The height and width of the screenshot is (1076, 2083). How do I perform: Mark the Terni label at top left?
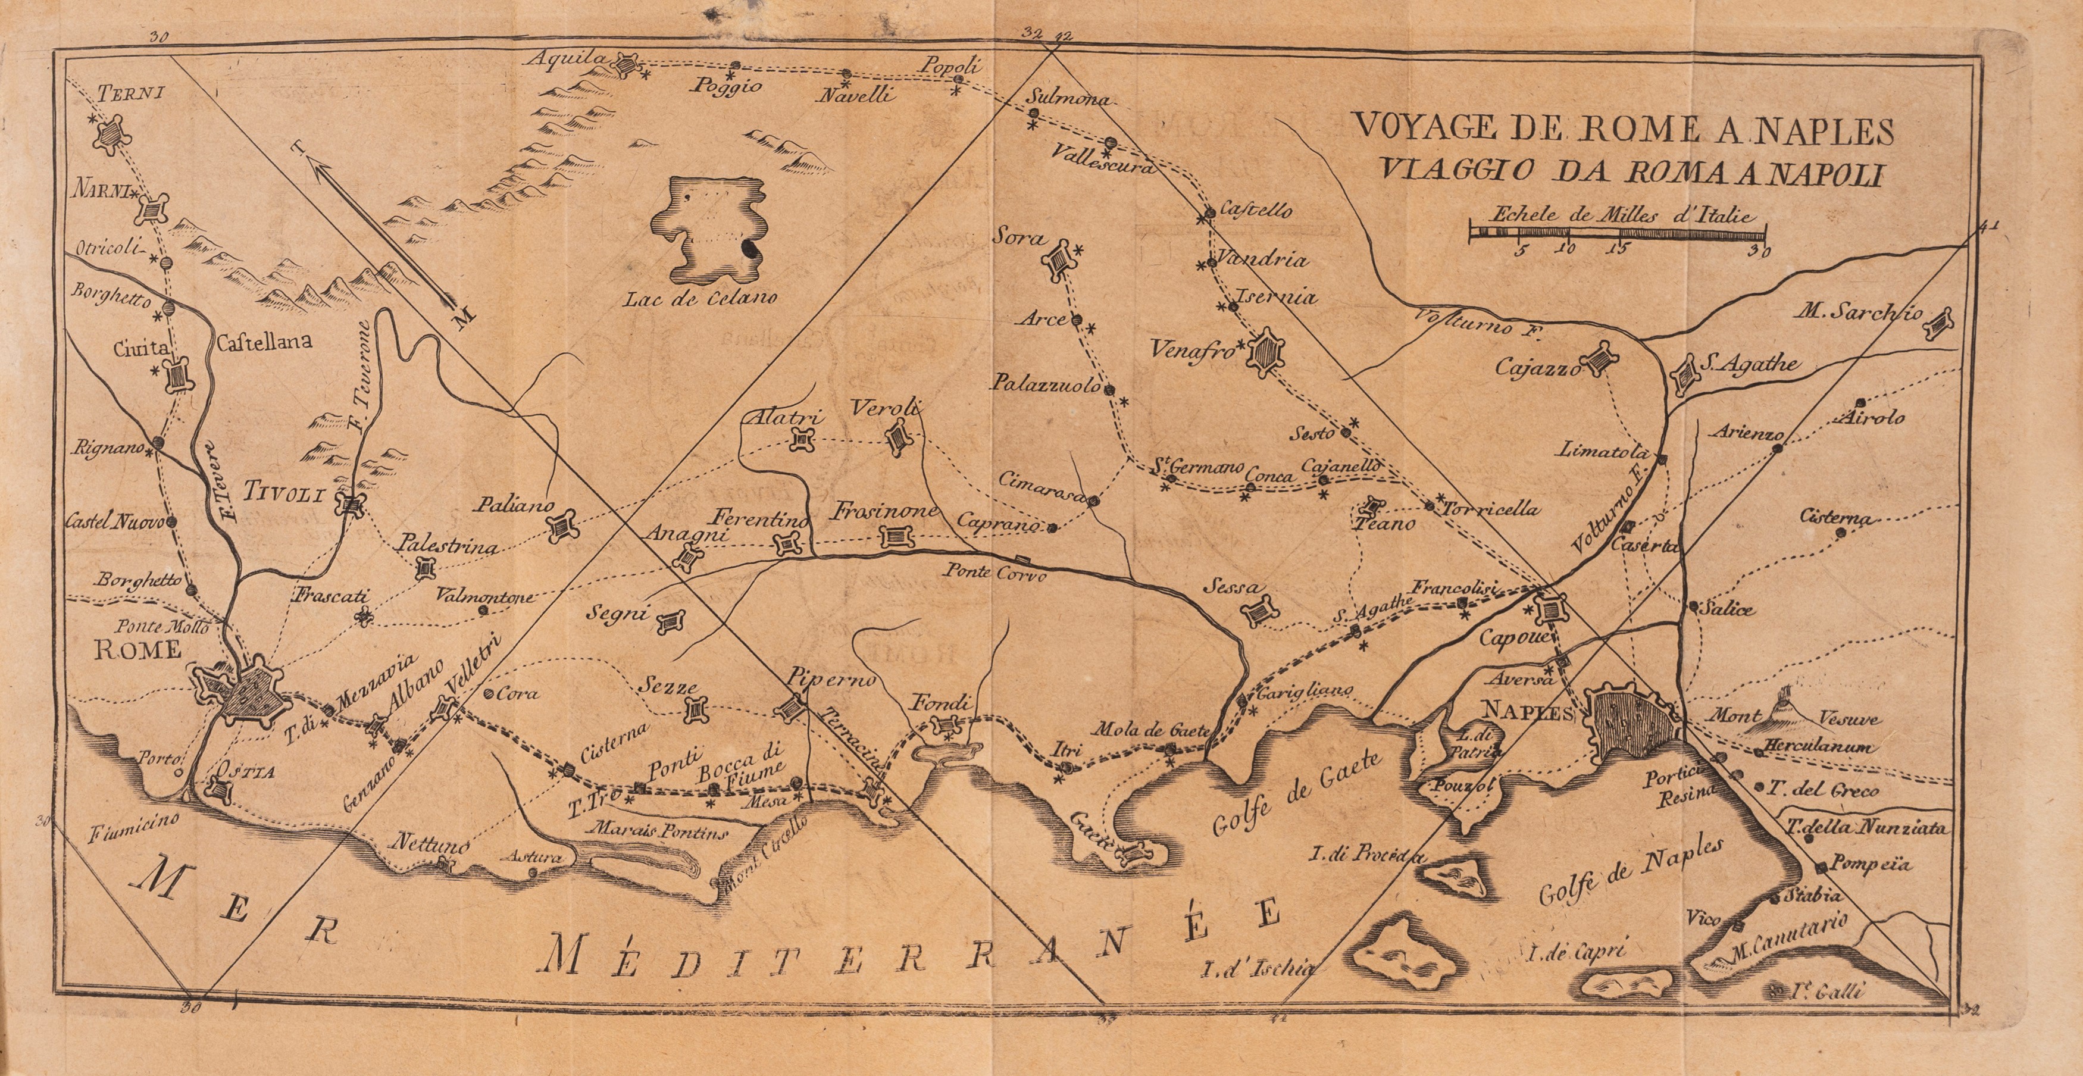(120, 91)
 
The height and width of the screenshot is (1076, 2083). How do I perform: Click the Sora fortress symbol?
(1059, 261)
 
